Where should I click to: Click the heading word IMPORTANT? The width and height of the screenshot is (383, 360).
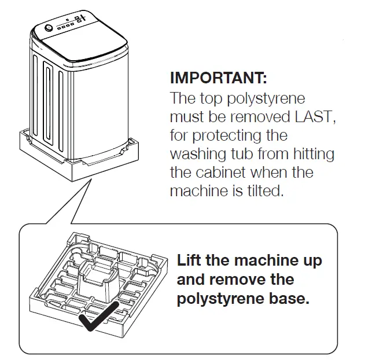(x=218, y=78)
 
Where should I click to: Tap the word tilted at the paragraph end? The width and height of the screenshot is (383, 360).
(x=265, y=191)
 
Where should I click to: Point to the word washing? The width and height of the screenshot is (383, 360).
(x=194, y=154)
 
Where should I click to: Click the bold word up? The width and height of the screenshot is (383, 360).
(x=310, y=260)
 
